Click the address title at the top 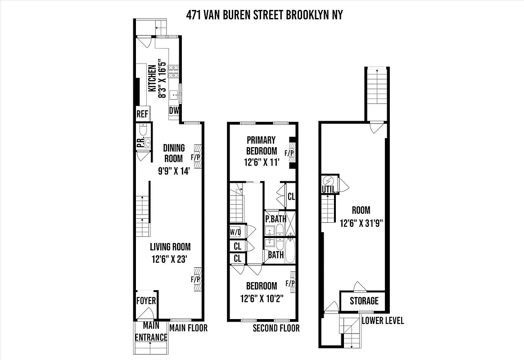tap(264, 15)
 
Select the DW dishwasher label tap(174, 111)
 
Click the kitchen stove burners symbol tap(173, 72)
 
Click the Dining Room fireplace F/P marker tap(196, 157)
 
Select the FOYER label tap(146, 301)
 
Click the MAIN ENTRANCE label tap(151, 331)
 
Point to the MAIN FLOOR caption tap(189, 328)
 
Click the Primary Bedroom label tap(261, 145)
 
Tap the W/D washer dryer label tap(235, 232)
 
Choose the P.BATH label tap(275, 219)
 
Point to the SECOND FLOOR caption tap(276, 328)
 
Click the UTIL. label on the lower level tap(329, 190)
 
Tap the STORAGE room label tap(364, 301)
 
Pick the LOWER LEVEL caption tap(383, 320)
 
